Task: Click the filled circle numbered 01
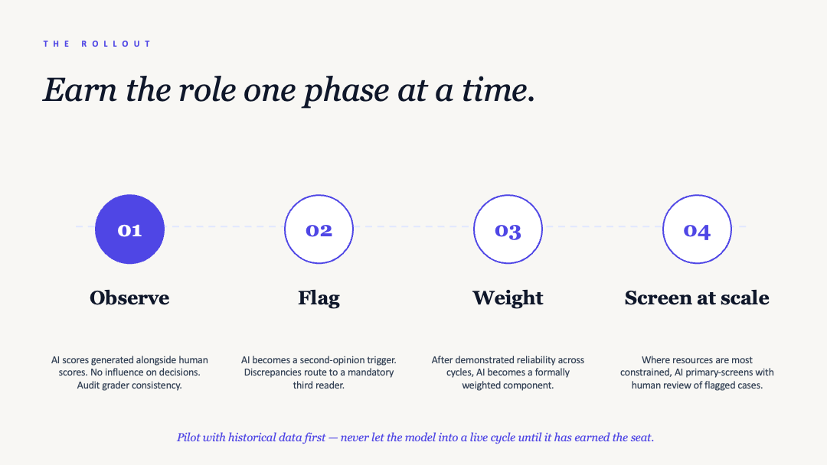point(129,229)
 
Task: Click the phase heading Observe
point(129,298)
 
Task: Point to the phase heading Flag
point(319,298)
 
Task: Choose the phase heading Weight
point(508,298)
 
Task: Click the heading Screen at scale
point(697,298)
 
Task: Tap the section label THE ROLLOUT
point(97,44)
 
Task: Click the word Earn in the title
point(80,89)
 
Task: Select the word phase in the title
point(347,91)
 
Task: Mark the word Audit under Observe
point(90,385)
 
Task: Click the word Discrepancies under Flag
point(273,372)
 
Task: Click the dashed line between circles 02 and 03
point(413,226)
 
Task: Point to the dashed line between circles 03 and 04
point(603,226)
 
